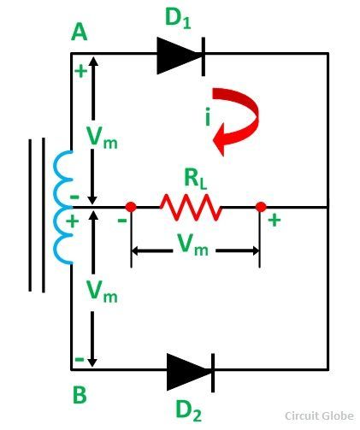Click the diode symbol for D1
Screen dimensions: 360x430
pos(181,56)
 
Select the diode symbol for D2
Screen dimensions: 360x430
pos(191,373)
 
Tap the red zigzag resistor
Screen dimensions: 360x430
pos(191,207)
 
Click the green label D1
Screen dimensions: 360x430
pos(178,18)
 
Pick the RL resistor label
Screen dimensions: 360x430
pos(195,180)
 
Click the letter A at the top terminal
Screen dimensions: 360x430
pos(79,32)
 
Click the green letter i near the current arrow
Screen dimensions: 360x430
pos(208,117)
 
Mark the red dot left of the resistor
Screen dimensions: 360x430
pos(131,207)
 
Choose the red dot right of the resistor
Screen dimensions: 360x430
pos(261,207)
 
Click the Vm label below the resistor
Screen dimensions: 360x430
pos(193,244)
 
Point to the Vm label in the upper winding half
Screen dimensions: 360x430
pos(102,138)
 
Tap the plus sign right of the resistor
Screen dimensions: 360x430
pos(274,221)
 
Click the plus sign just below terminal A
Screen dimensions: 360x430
pos(81,71)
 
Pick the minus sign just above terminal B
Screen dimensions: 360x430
pos(80,359)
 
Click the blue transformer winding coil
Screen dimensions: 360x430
pos(63,208)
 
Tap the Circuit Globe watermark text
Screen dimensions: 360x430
pos(319,415)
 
